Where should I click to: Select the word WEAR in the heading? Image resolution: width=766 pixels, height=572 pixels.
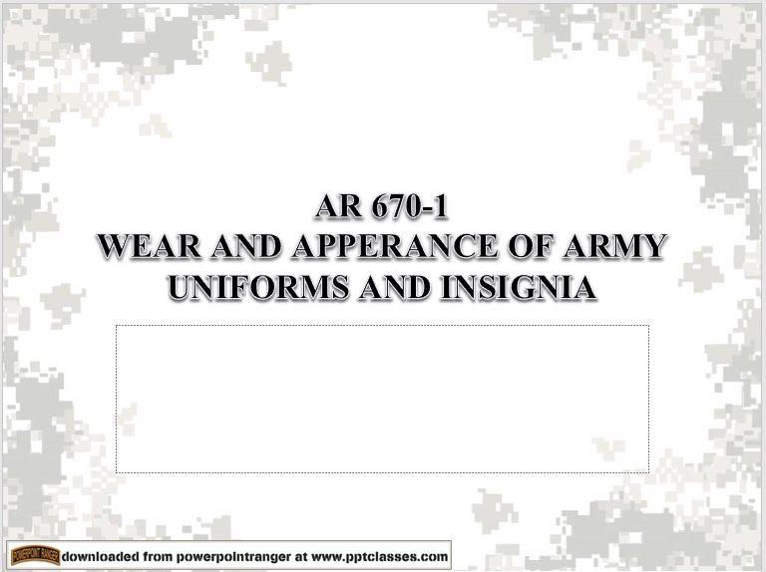(x=144, y=248)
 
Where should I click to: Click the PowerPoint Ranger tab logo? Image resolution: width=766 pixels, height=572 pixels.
(x=34, y=555)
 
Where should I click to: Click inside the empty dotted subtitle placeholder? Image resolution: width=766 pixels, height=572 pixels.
(x=382, y=399)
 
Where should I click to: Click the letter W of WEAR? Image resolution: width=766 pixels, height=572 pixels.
(x=115, y=248)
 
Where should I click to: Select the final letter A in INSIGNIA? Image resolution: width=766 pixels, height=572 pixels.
(x=585, y=287)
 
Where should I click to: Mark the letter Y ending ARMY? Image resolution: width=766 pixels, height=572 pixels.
(x=652, y=248)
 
